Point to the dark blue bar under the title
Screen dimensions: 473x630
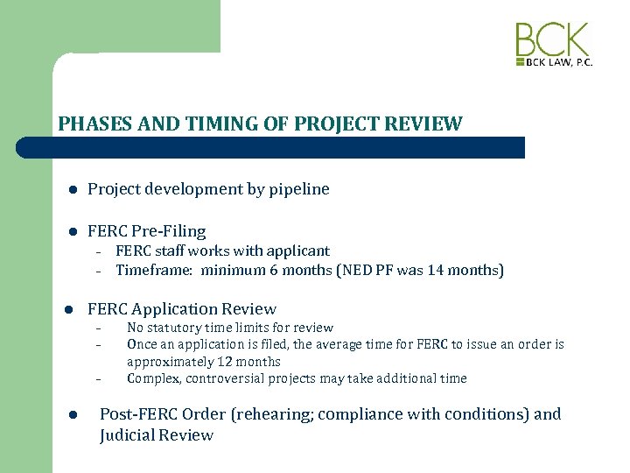[x=289, y=147]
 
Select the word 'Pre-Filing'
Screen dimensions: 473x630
[x=169, y=231]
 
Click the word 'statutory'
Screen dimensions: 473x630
[x=178, y=328]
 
